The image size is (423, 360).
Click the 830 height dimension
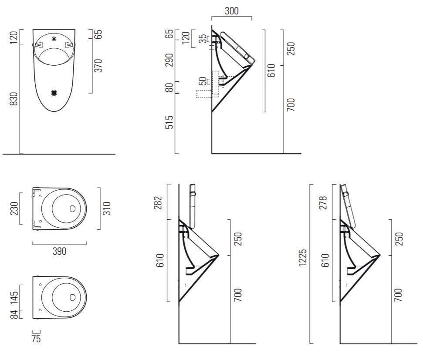[x=14, y=99]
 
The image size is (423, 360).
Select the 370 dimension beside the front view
[x=98, y=66]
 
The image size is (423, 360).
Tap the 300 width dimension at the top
[x=232, y=11]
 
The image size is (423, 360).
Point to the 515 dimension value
[x=169, y=122]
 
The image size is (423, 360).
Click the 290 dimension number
[x=169, y=60]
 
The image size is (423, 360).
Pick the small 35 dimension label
[x=203, y=39]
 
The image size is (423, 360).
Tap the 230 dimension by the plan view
[x=14, y=209]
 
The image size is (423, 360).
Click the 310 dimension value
[x=107, y=209]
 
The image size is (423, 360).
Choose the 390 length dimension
[x=59, y=251]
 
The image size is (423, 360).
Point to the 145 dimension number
[x=14, y=298]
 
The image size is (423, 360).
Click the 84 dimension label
[x=14, y=314]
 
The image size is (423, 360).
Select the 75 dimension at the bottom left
[x=36, y=339]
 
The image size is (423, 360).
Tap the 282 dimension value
[x=159, y=203]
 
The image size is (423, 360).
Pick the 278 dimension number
[x=323, y=203]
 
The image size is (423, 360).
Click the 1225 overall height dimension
[x=303, y=258]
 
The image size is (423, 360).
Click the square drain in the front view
[x=54, y=93]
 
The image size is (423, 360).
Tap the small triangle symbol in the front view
[x=54, y=39]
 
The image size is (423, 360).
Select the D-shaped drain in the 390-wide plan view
[x=73, y=209]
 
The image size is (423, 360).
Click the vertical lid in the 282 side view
[x=193, y=206]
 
